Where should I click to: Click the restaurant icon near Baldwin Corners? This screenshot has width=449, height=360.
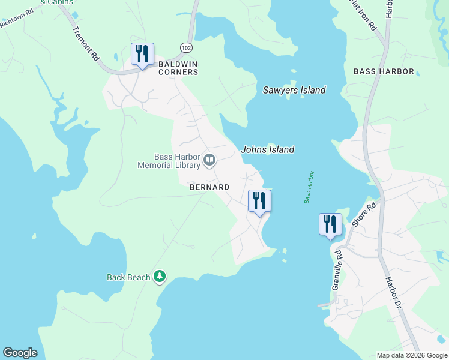[x=142, y=55]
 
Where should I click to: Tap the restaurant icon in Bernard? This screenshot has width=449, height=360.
[x=259, y=201]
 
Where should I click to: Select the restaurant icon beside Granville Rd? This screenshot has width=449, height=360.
[x=330, y=225]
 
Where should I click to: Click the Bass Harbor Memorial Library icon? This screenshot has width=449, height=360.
[x=209, y=160]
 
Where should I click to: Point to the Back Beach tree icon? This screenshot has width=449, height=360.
[x=160, y=276]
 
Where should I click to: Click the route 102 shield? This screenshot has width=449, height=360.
[x=185, y=47]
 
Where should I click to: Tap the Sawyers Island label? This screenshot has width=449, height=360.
[x=294, y=90]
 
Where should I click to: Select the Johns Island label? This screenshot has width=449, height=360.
[x=268, y=149]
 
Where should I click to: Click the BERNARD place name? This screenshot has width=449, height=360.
[x=209, y=187]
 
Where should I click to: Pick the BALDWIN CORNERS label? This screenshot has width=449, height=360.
[x=178, y=68]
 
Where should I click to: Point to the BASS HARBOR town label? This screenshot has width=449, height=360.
[x=384, y=71]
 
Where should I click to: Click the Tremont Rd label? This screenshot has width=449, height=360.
[x=86, y=44]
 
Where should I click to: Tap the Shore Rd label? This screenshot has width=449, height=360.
[x=364, y=214]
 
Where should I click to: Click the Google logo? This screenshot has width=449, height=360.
[x=20, y=353]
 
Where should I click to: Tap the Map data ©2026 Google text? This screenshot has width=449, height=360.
[x=412, y=355]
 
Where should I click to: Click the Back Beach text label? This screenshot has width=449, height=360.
[x=128, y=277]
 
